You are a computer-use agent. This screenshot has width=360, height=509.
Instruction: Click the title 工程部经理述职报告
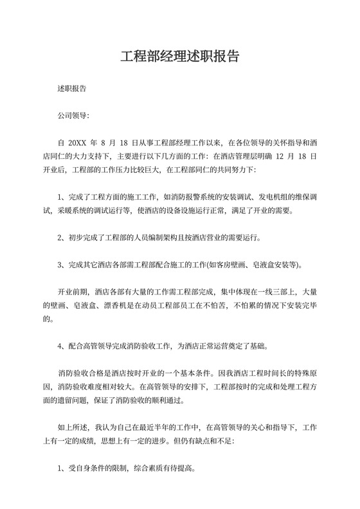[x=180, y=56]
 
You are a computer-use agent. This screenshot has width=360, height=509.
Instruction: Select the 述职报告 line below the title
[x=72, y=88]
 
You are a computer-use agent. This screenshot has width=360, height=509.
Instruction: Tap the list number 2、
[x=62, y=237]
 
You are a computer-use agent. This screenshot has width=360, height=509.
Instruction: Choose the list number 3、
[x=62, y=265]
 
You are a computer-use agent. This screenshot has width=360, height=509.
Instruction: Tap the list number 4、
[x=62, y=345]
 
